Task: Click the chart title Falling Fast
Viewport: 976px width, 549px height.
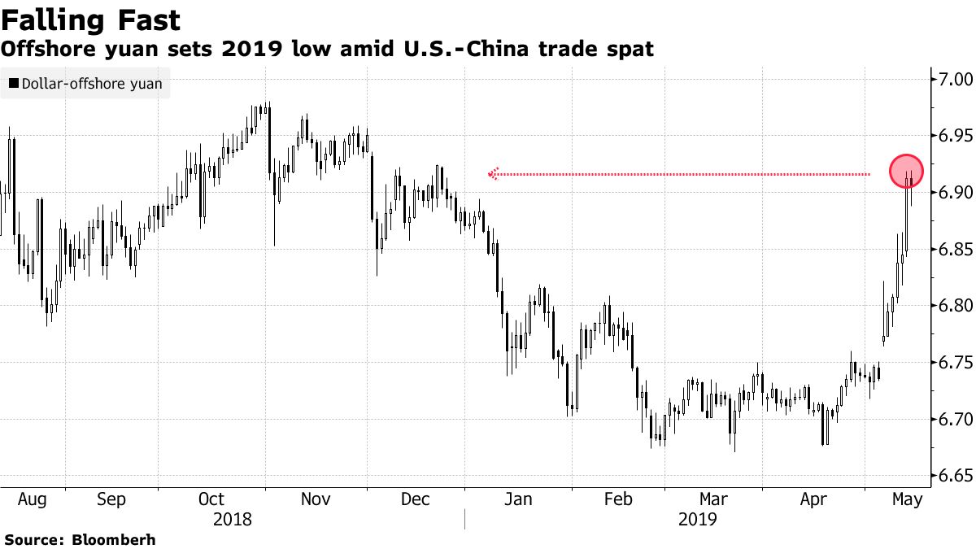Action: click(91, 20)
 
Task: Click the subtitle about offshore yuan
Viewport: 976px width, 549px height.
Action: click(327, 50)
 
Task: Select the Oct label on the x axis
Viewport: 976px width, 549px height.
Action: click(211, 499)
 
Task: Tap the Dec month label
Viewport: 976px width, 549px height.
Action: click(415, 499)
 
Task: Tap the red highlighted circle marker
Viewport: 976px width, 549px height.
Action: click(906, 170)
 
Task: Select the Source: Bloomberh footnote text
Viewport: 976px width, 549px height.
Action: click(79, 539)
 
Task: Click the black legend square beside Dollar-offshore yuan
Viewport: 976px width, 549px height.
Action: click(13, 83)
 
